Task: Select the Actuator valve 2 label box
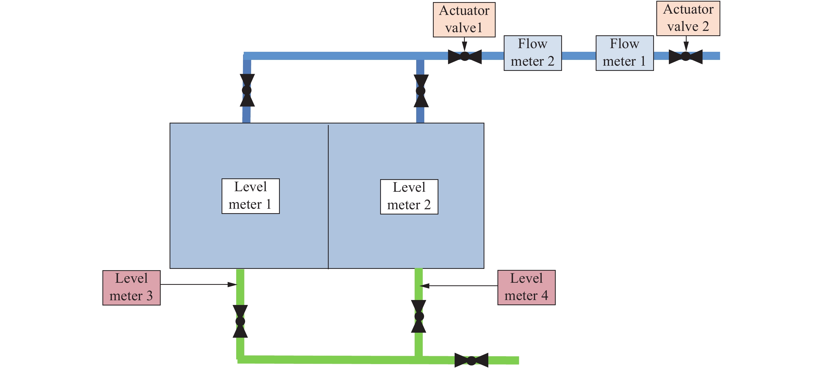tap(688, 18)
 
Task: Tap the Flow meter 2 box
tap(532, 53)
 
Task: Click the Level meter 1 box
tap(251, 196)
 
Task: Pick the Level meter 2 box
tap(409, 197)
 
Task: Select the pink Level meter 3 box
tap(131, 287)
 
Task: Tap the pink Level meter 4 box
tap(526, 287)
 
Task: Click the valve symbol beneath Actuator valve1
tap(465, 56)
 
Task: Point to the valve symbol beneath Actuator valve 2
tap(685, 56)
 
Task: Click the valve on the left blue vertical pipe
tap(247, 90)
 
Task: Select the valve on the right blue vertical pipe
tap(421, 91)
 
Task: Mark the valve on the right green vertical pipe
tap(419, 316)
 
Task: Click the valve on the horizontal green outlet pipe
tap(471, 360)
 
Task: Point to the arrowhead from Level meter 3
tap(233, 284)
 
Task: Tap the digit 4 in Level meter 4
tap(544, 296)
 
